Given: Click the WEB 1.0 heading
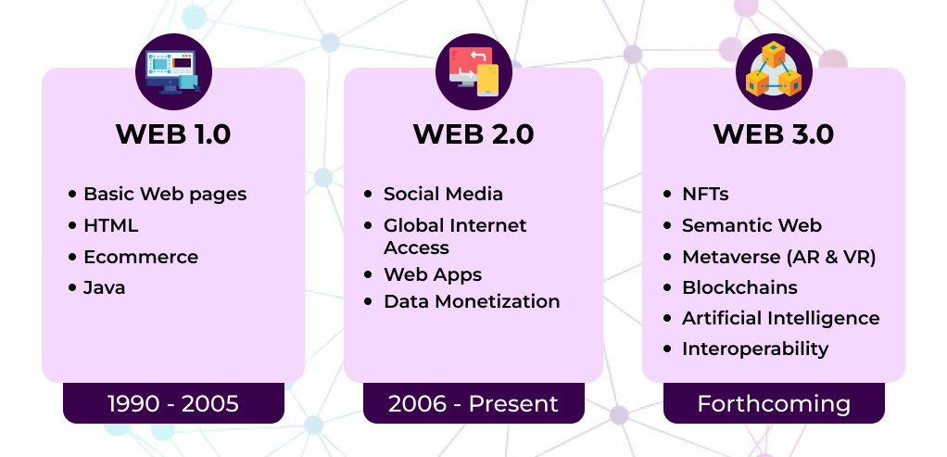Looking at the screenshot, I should (x=173, y=134).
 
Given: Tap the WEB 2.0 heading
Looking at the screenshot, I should (x=473, y=134).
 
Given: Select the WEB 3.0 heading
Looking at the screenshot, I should (x=774, y=134).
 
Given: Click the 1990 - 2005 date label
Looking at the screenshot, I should (x=173, y=404).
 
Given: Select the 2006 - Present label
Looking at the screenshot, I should (x=473, y=404).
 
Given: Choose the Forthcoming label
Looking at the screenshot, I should (x=774, y=404).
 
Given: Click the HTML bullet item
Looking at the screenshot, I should (x=110, y=225).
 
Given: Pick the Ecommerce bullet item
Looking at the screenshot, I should (x=141, y=257).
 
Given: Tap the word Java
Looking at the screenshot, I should (x=104, y=287).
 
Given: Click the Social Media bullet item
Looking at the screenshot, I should (x=443, y=194).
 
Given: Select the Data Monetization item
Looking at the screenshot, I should (x=472, y=301).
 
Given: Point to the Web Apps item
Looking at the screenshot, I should (x=433, y=274).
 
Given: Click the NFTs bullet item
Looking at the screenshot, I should (x=705, y=194).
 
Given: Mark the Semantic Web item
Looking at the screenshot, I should (x=751, y=225).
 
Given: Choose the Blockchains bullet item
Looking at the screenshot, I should (x=739, y=287).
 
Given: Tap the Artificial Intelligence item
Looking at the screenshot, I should (x=780, y=318).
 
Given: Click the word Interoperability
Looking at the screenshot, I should (x=755, y=349).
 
